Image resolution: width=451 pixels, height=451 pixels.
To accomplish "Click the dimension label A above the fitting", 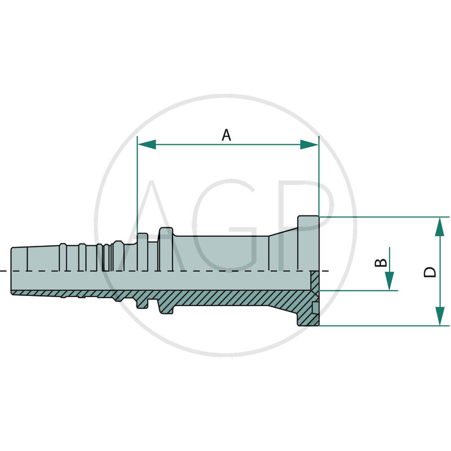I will click(x=226, y=135).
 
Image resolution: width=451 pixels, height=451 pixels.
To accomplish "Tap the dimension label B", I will click(x=382, y=263).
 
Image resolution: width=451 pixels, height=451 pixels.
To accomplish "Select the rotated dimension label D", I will click(x=430, y=272).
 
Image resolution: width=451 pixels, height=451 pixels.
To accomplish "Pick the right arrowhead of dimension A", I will click(x=309, y=145).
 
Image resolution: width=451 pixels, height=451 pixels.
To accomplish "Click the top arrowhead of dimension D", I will click(x=440, y=227).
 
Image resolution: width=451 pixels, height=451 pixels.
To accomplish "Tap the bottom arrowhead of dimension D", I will click(x=440, y=316).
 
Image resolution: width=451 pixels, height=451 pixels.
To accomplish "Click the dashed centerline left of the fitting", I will click(x=5, y=271).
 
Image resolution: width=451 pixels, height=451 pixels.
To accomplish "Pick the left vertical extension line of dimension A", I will click(x=138, y=186).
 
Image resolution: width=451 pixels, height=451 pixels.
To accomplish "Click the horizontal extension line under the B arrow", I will click(x=361, y=291).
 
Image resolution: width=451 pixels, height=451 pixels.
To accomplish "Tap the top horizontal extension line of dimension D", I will click(x=383, y=217).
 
